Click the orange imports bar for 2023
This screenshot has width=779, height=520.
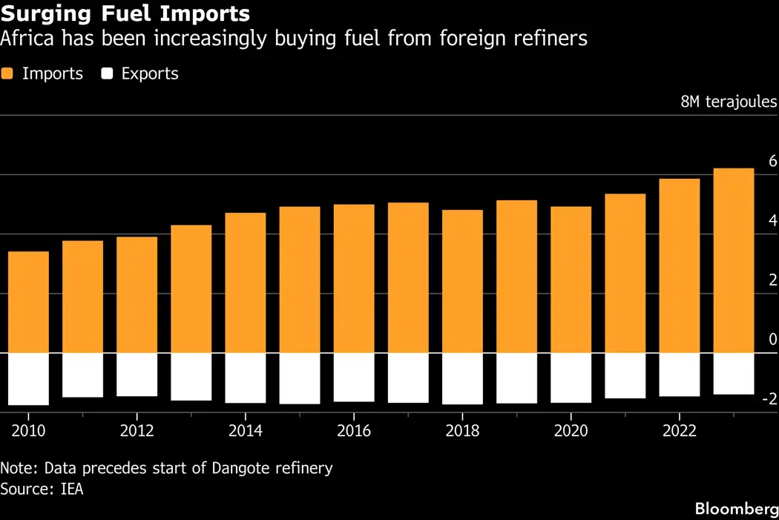[733, 260]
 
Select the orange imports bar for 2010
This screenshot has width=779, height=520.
[28, 302]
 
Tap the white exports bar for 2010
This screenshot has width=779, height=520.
[28, 379]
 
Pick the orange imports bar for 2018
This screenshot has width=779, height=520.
[462, 281]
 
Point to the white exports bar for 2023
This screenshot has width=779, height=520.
[733, 373]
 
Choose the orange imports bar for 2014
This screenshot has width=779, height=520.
[246, 283]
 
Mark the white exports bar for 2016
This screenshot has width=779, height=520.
[354, 377]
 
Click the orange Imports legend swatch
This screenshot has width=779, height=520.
[8, 74]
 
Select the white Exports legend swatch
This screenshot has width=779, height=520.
[108, 74]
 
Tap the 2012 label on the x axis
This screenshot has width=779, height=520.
[137, 431]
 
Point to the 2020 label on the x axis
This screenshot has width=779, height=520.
[571, 431]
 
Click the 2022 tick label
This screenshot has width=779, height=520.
[679, 431]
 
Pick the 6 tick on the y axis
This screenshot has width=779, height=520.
[772, 161]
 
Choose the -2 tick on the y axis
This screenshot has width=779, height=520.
[769, 400]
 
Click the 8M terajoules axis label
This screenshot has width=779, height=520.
[729, 102]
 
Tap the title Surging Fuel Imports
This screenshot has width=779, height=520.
[125, 13]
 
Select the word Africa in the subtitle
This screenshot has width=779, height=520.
[23, 39]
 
